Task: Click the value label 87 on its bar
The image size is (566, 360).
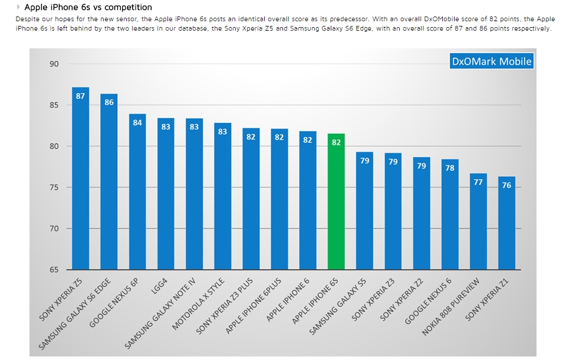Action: click(x=81, y=96)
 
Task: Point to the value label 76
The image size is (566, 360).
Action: click(x=506, y=185)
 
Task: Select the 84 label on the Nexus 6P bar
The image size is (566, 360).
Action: click(x=137, y=123)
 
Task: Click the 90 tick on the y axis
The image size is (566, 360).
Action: click(x=54, y=64)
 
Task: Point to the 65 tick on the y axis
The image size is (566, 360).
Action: click(x=54, y=270)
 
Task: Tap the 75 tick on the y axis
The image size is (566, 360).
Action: click(x=54, y=187)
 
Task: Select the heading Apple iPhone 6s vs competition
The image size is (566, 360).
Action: click(x=88, y=8)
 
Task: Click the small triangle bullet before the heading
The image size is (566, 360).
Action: click(x=19, y=8)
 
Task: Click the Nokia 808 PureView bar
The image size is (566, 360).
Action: click(x=478, y=224)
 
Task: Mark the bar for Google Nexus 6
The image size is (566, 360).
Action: click(x=450, y=218)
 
